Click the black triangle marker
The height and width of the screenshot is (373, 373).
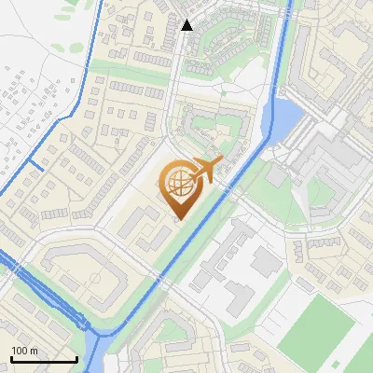tap(187, 25)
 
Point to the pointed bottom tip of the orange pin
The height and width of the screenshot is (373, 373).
tap(179, 219)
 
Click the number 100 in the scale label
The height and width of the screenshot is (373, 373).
tap(20, 351)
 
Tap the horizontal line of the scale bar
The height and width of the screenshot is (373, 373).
tap(44, 359)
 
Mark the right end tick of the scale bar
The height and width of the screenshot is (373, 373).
tap(76, 357)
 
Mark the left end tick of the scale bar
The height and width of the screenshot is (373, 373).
tap(11, 357)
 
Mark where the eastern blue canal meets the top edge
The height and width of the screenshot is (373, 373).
tap(292, 3)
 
